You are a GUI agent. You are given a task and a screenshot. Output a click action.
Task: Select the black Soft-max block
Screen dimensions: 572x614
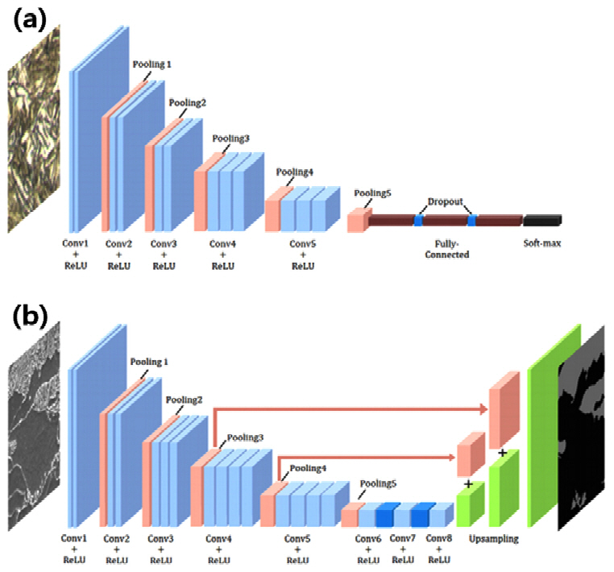(541, 220)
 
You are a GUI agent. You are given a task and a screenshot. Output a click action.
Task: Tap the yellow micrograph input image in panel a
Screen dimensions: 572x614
(35, 129)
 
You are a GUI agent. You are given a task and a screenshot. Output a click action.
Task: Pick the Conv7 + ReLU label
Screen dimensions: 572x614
(403, 548)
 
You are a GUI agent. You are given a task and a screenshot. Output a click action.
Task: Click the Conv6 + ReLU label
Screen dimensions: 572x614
(367, 548)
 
